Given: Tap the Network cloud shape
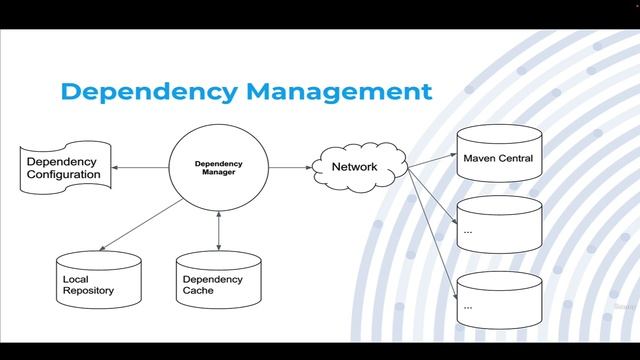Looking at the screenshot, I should (354, 167).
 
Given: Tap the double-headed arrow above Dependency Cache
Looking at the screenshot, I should (218, 230).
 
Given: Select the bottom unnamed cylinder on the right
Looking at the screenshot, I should (498, 300).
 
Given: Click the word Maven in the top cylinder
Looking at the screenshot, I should (479, 159).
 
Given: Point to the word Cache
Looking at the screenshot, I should (198, 291).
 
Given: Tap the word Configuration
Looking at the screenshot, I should (64, 175).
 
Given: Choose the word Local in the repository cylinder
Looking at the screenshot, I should (76, 279).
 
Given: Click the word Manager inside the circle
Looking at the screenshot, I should (218, 172).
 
